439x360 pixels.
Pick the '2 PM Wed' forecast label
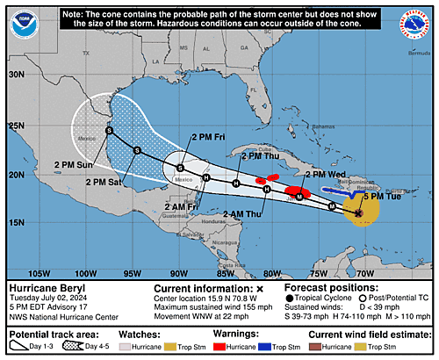point(327,175)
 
